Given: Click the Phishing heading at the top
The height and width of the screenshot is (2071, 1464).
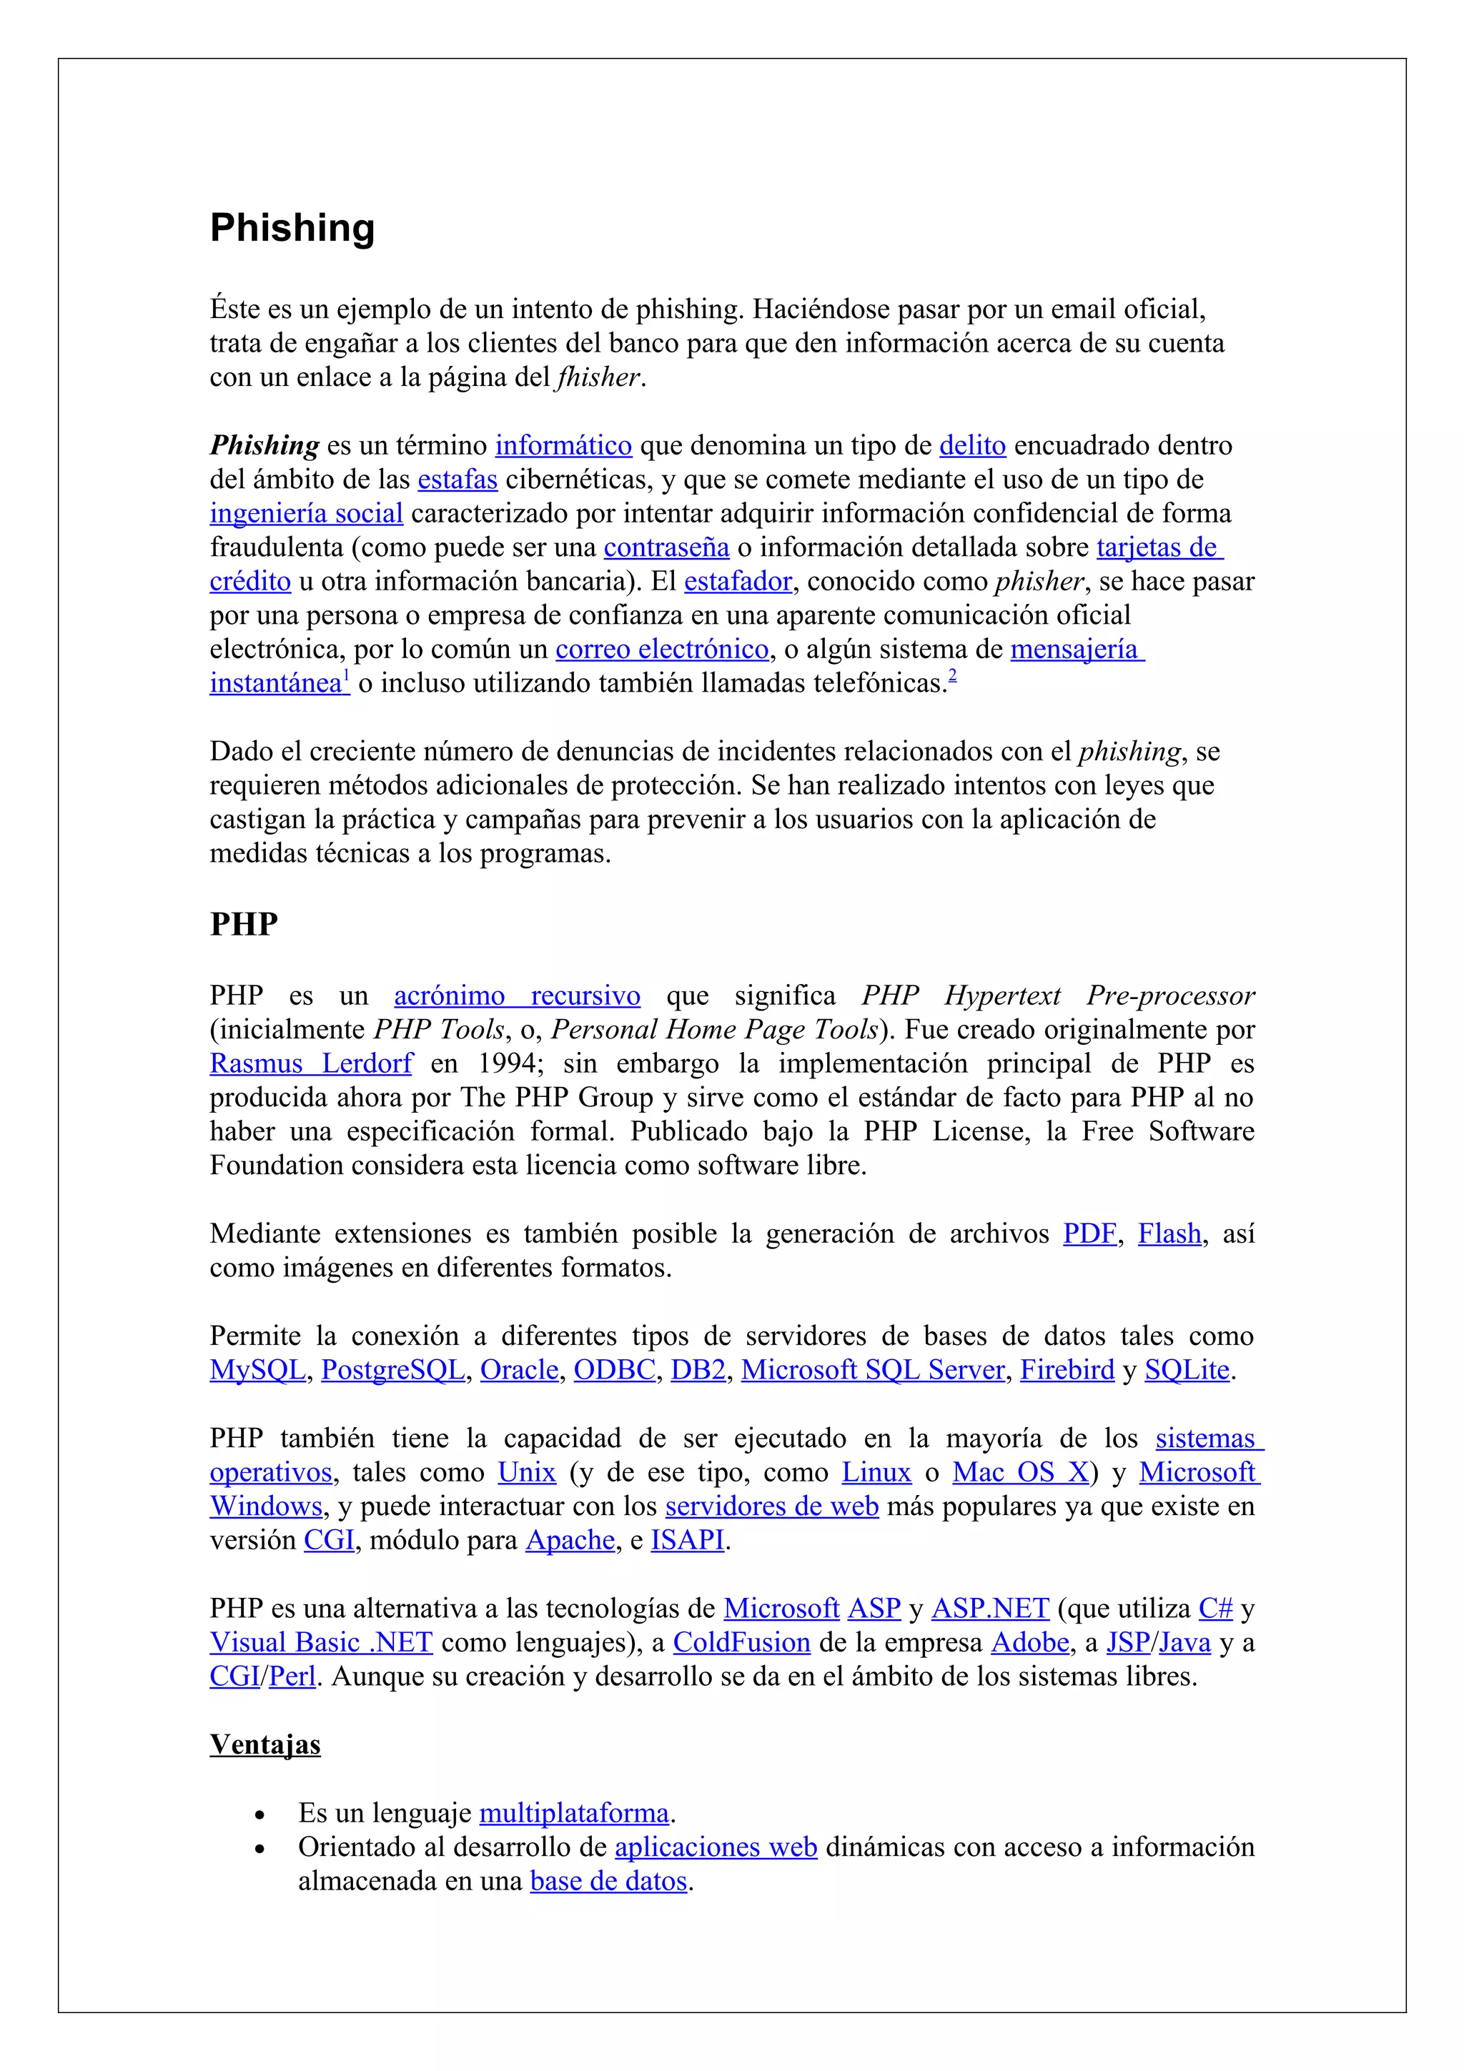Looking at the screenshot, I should [x=292, y=228].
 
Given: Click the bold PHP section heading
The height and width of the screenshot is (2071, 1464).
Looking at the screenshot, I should [x=244, y=925].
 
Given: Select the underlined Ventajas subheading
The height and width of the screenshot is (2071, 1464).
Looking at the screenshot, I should [x=265, y=1744].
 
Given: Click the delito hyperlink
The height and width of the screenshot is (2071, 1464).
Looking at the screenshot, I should [x=971, y=446].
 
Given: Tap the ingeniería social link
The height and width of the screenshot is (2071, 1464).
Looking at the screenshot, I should [x=306, y=514].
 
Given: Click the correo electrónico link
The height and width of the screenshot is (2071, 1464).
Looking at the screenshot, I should [x=661, y=650].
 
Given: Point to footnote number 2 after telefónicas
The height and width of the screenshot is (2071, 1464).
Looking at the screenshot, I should [x=953, y=677].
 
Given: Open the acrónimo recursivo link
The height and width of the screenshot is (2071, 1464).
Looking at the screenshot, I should [x=517, y=995].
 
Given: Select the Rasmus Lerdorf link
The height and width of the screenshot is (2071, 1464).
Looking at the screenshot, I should [x=310, y=1063].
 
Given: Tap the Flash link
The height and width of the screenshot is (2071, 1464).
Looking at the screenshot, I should [x=1169, y=1234].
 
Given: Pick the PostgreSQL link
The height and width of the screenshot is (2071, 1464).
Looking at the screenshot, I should [x=392, y=1370].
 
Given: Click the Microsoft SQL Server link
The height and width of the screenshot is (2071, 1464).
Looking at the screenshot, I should [x=872, y=1370].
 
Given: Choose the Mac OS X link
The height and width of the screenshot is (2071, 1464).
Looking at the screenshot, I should [x=1020, y=1472].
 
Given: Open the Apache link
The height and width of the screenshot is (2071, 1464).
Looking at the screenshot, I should [x=570, y=1541].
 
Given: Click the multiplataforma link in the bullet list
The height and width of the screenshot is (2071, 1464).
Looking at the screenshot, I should [x=574, y=1813].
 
